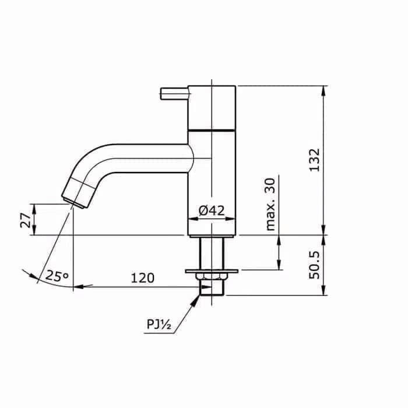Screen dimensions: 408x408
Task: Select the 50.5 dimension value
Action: (314, 265)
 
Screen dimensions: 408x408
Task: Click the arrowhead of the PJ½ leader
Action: (197, 298)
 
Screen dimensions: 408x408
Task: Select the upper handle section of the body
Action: (212, 106)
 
